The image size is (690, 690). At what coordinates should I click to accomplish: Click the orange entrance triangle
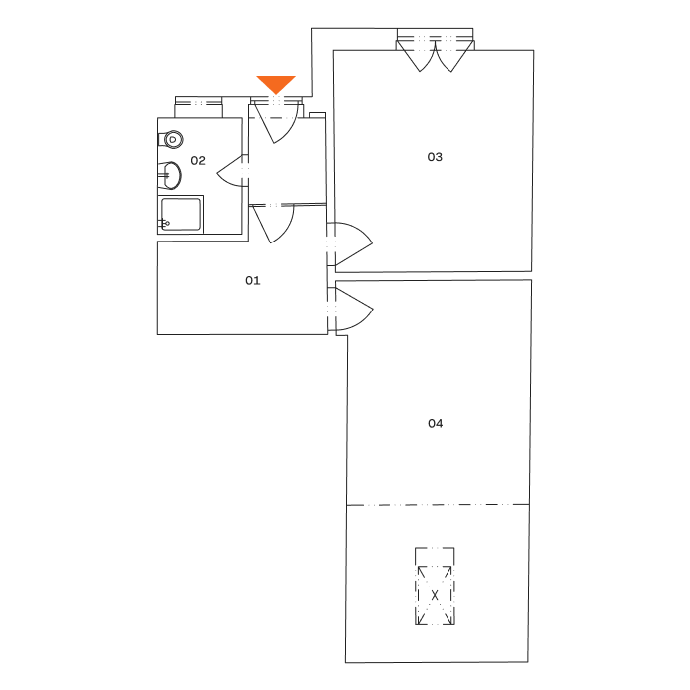pos(276,84)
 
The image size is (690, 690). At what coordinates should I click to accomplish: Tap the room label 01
pos(253,281)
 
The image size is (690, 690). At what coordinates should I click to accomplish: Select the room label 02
pos(198,161)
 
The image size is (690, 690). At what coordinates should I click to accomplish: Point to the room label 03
pos(435,157)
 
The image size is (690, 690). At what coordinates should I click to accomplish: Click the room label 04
pos(435,424)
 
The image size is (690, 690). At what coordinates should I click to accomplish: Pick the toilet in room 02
pos(172,139)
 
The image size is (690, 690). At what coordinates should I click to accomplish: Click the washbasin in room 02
pos(172,176)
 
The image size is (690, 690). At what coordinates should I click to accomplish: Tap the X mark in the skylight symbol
pos(435,596)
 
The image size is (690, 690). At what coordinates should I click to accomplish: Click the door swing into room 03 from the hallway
pos(349,243)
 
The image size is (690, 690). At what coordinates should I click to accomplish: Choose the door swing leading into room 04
pos(351,308)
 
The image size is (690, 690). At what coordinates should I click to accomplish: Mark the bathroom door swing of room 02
pos(232,172)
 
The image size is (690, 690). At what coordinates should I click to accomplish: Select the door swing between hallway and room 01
pos(273,224)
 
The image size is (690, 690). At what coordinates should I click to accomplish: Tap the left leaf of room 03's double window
pos(419,55)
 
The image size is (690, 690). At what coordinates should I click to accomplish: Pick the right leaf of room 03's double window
pos(452,55)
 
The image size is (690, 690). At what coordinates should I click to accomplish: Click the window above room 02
pos(197,103)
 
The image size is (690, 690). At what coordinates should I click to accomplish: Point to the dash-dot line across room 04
pos(437,504)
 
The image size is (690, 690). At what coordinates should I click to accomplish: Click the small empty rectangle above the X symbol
pos(435,557)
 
